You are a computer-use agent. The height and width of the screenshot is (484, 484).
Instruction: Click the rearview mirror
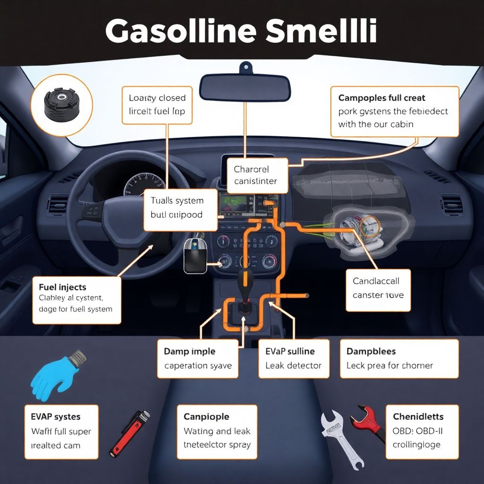[245, 87]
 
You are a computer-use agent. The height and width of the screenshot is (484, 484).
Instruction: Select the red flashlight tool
[130, 432]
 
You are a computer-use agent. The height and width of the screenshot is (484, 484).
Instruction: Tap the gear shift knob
[245, 284]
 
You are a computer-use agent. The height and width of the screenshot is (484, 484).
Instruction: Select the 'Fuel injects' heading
[62, 287]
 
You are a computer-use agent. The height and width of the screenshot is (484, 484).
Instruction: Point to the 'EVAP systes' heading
[56, 417]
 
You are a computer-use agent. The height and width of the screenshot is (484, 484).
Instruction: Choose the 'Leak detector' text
[293, 365]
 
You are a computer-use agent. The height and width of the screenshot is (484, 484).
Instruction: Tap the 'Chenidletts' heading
[418, 416]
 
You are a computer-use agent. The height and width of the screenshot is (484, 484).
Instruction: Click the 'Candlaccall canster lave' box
[378, 288]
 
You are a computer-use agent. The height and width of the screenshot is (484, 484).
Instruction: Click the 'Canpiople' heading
[206, 417]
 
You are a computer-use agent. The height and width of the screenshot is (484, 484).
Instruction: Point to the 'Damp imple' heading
[190, 351]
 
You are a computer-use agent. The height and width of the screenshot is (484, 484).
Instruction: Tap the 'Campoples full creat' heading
[382, 98]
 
